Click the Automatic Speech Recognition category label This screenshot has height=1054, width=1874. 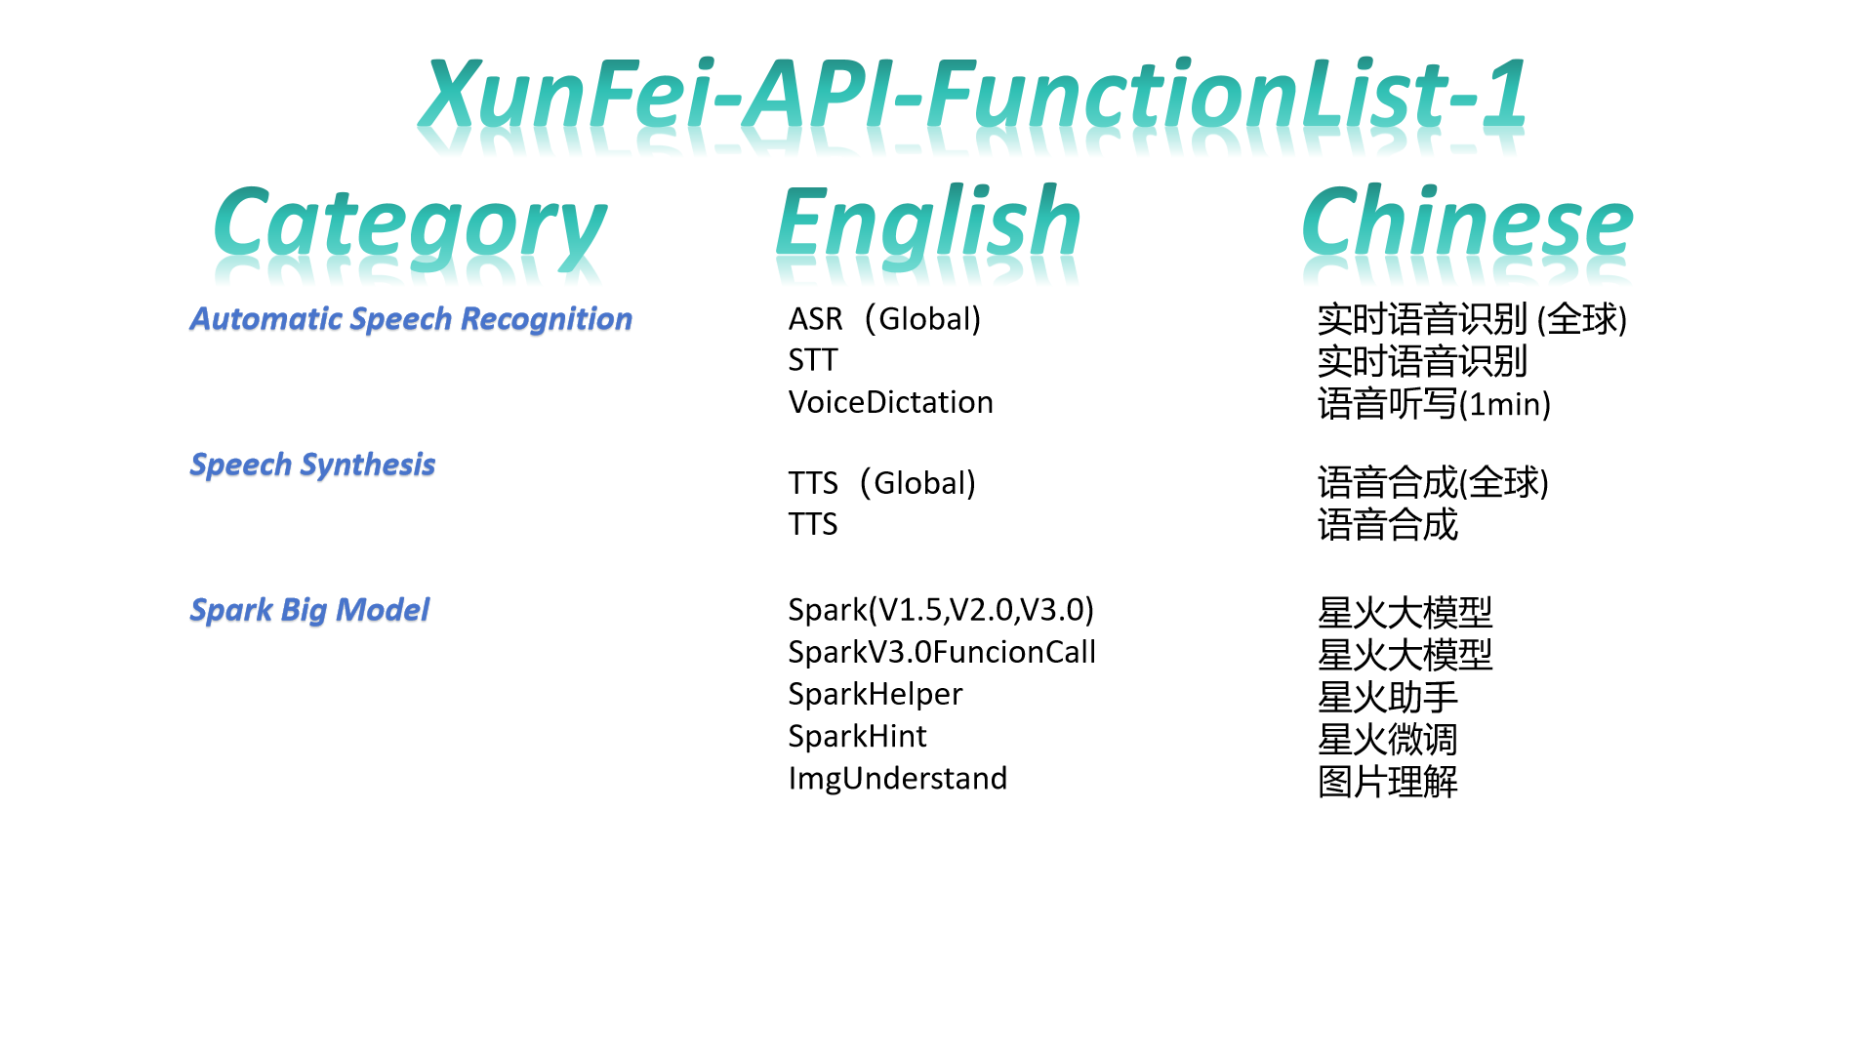[x=411, y=319]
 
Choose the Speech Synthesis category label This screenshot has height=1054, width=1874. [x=312, y=465]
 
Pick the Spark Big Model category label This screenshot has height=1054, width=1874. [x=309, y=610]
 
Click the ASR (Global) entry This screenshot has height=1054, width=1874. [x=884, y=318]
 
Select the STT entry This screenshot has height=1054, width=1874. [x=813, y=360]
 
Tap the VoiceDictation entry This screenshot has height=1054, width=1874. [x=890, y=402]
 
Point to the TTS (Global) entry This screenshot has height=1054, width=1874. [x=881, y=482]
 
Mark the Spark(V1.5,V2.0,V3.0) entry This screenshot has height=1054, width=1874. [x=941, y=610]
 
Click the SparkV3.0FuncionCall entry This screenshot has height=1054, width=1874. [x=942, y=652]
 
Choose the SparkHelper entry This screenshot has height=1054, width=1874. [x=875, y=694]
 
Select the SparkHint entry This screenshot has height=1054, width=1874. [x=857, y=736]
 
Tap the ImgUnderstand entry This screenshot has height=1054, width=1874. [x=897, y=778]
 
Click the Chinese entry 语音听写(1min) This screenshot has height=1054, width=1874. [x=1434, y=403]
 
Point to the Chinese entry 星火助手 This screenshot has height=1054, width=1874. [x=1387, y=697]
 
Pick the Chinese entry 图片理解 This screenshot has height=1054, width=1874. [x=1387, y=781]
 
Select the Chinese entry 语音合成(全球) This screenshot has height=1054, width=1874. [x=1433, y=482]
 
